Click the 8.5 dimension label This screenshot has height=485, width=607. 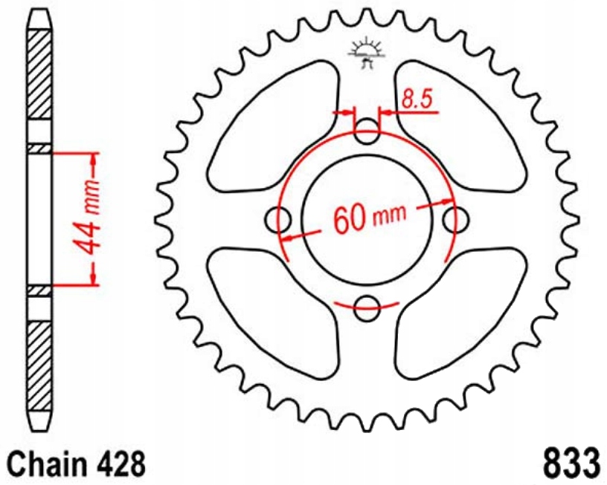(417, 99)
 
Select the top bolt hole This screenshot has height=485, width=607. (366, 133)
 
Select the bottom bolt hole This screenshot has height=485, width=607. (366, 308)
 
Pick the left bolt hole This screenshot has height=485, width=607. (278, 220)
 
